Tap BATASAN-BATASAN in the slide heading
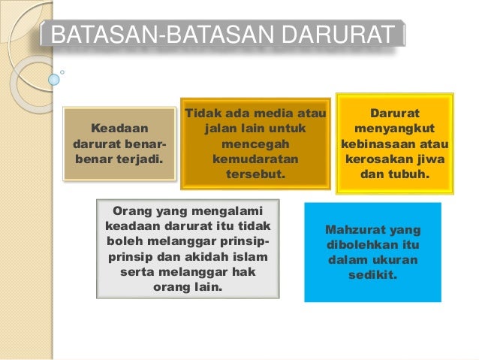(x=150, y=35)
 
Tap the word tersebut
(x=255, y=174)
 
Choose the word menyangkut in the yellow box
(x=394, y=129)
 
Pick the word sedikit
(x=372, y=275)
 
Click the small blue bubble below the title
(x=54, y=79)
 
